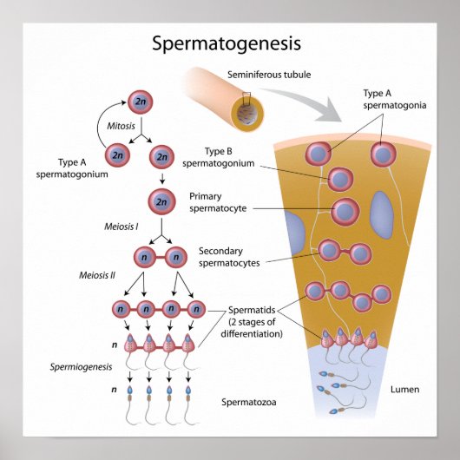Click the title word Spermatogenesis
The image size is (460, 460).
point(227,43)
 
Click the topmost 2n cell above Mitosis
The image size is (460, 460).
point(141,103)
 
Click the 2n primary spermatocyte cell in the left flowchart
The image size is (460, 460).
point(160,201)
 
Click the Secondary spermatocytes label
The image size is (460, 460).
point(229,257)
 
